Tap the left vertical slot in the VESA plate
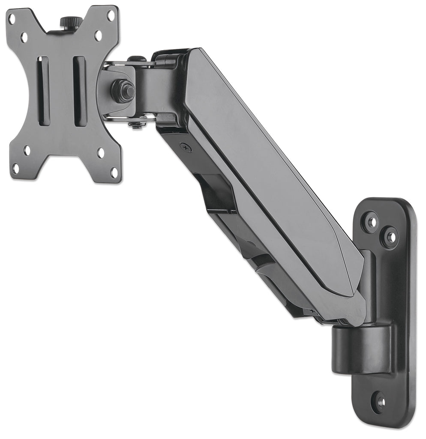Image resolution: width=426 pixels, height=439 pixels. (x=43, y=91)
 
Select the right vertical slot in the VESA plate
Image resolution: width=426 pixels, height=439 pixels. (x=80, y=91)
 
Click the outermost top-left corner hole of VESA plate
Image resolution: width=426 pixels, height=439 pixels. (x=12, y=19)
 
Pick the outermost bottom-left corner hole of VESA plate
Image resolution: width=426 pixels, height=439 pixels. (x=15, y=168)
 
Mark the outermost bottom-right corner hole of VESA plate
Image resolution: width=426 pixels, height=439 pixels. (x=114, y=172)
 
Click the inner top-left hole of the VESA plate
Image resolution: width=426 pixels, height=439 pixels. (x=24, y=37)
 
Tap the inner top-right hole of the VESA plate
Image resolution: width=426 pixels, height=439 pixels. (x=98, y=36)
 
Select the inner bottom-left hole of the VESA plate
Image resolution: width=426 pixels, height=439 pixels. (x=27, y=150)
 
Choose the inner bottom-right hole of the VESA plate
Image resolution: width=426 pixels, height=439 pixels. (x=101, y=153)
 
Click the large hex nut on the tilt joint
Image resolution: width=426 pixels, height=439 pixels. (x=123, y=90)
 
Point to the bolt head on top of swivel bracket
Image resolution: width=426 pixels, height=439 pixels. (x=136, y=59)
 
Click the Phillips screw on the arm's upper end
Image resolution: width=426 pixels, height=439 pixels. (x=186, y=147)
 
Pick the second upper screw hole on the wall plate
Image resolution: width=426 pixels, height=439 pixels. (x=390, y=237)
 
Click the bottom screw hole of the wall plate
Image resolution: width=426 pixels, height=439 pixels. (x=379, y=402)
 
